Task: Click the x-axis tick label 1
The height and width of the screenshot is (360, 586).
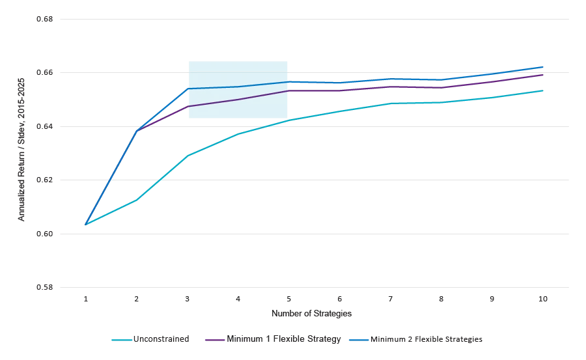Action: point(86,299)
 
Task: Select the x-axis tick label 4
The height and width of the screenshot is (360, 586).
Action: point(238,299)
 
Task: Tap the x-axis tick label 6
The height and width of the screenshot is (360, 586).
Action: point(340,299)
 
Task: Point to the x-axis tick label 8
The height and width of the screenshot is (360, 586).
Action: point(441,299)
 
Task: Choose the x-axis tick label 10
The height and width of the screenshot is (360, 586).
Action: point(543,299)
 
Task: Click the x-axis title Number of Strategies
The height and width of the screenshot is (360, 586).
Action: point(311,314)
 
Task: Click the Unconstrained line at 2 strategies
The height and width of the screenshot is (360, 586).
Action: point(137,200)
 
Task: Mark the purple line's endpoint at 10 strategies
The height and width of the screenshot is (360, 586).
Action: point(543,75)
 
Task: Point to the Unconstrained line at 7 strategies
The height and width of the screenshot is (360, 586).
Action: point(391,104)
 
